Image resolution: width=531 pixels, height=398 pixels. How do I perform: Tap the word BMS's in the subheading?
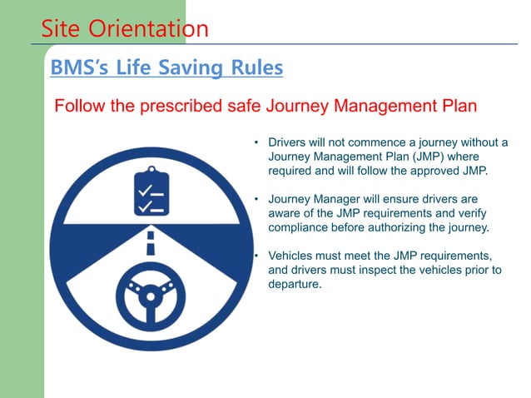pos(80,67)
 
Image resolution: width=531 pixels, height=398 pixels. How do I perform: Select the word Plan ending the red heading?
pos(458,107)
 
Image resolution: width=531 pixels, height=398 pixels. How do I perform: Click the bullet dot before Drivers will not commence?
pos(257,143)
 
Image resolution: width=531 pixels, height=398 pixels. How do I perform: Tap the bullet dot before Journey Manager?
pos(257,200)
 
